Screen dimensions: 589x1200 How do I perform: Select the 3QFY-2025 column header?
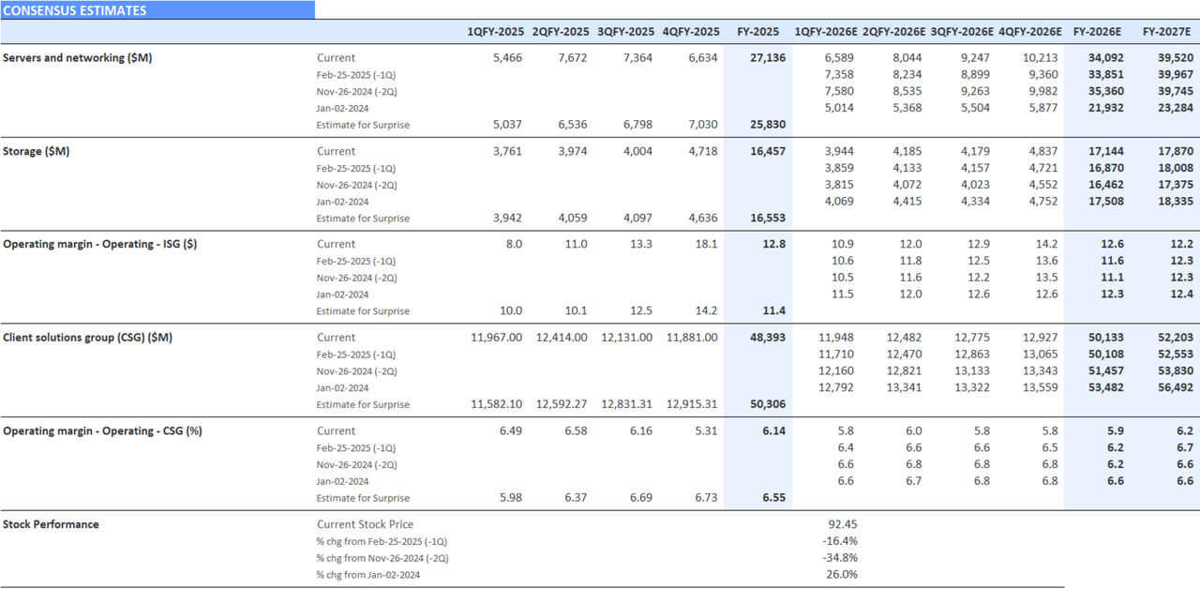click(x=625, y=32)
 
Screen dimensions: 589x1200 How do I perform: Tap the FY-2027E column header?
click(x=1166, y=32)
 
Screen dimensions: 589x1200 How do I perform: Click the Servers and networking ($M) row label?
click(x=77, y=58)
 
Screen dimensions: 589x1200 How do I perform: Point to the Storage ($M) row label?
click(x=36, y=151)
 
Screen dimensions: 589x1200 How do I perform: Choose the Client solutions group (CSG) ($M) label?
click(x=87, y=338)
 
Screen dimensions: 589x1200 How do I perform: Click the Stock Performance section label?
click(x=51, y=524)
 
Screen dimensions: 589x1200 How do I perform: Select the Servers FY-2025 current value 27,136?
click(x=768, y=58)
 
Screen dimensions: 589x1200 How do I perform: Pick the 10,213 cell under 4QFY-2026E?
click(x=1040, y=58)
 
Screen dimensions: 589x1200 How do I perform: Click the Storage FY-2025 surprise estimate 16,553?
click(x=768, y=219)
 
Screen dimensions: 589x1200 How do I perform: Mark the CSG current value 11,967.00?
click(x=496, y=338)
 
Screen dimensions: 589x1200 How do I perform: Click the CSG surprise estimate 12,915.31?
click(x=692, y=405)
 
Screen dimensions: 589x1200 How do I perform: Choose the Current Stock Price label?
click(x=365, y=524)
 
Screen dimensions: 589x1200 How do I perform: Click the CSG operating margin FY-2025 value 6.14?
click(x=773, y=430)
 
